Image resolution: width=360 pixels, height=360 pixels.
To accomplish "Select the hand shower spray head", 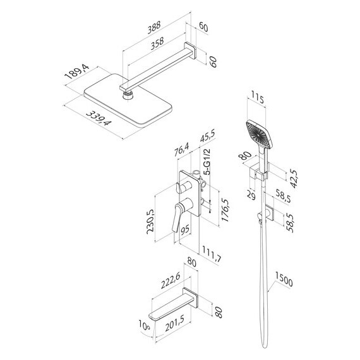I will pyautogui.click(x=258, y=133).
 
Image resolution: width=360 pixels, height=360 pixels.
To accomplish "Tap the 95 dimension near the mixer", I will pyautogui.click(x=186, y=231).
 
